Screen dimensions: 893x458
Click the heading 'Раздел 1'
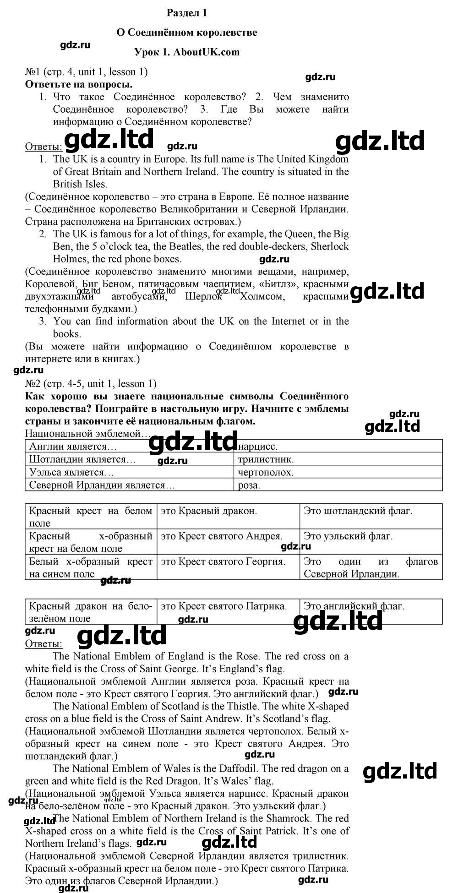coord(187,13)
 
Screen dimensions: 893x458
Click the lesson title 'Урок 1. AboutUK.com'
coord(187,52)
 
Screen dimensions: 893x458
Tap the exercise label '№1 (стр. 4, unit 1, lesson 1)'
coord(87,71)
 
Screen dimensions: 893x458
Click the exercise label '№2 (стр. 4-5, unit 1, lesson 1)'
coord(91,383)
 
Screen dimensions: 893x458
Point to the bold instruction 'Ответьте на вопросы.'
coord(79,84)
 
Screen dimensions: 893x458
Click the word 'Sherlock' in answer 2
coord(330,246)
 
